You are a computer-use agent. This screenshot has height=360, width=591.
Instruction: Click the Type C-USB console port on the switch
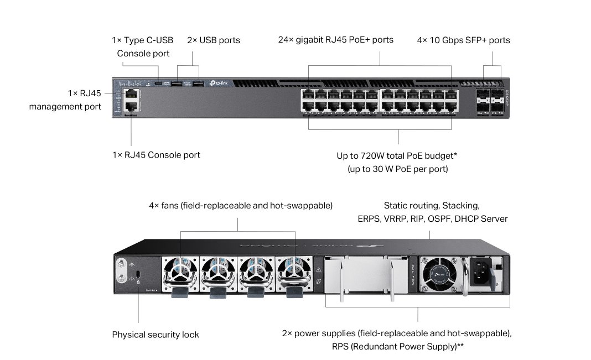[x=159, y=84]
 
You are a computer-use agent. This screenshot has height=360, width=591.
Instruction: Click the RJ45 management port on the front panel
[x=131, y=94]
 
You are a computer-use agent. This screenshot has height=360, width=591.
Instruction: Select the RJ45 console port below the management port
[x=131, y=107]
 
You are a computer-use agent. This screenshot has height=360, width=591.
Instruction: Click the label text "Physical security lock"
[x=155, y=335]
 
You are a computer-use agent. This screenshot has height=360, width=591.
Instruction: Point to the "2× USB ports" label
[x=214, y=40]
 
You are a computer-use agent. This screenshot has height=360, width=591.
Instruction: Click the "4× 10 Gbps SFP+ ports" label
[x=463, y=40]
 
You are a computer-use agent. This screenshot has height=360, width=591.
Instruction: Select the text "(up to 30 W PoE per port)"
[x=398, y=169]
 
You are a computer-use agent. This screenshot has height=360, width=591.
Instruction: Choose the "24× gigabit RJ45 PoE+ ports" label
[x=335, y=40]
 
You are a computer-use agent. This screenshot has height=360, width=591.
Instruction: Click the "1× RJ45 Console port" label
[x=156, y=155]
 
